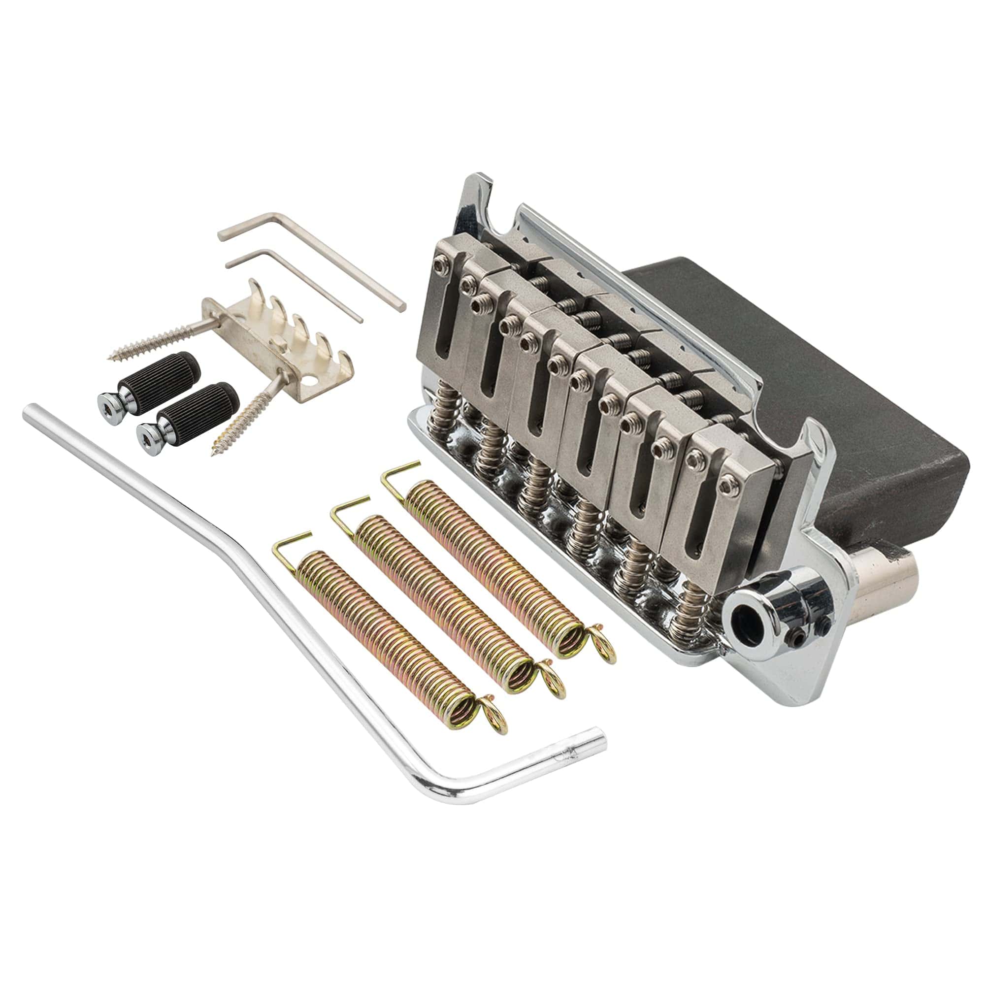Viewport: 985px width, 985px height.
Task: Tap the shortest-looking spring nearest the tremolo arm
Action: [x=388, y=627]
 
